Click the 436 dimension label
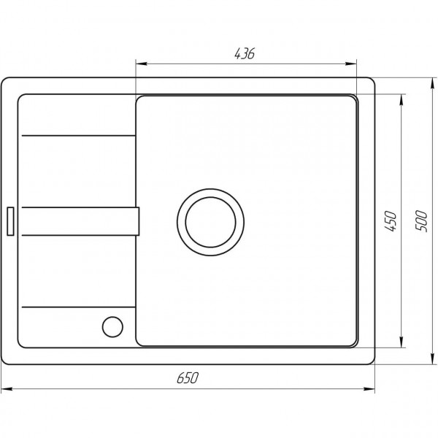coord(245,53)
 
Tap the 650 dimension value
coord(188,377)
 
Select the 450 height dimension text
coord(391,221)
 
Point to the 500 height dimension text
coord(421,221)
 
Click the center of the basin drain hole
coord(211,223)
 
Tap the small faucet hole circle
coord(112,327)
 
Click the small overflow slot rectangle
coord(10,221)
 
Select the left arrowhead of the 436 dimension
coord(142,64)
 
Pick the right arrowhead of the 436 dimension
coord(351,64)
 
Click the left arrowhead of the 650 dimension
coord(7,389)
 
